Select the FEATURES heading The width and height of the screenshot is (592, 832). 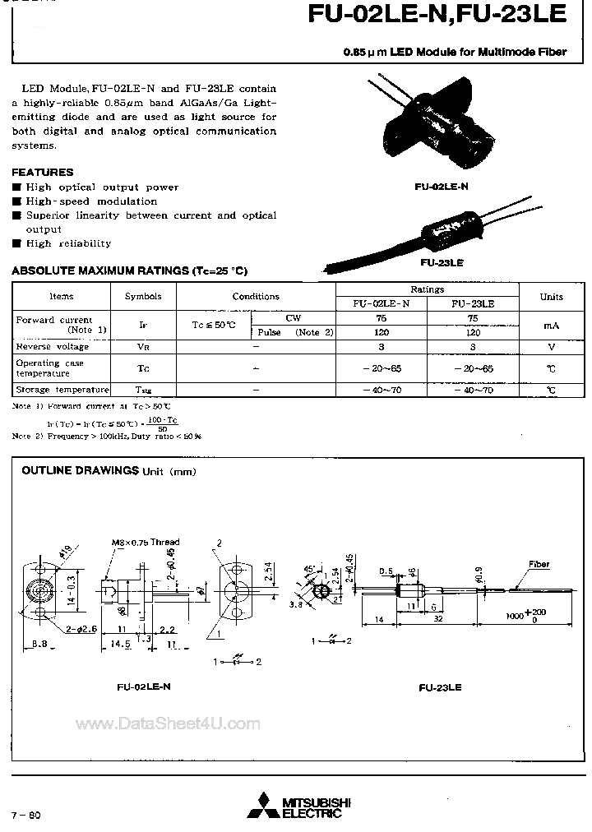(42, 173)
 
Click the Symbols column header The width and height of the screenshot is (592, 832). (143, 297)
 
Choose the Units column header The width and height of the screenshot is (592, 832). (551, 297)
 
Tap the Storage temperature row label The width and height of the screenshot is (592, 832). (62, 390)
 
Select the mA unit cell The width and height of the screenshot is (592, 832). (551, 326)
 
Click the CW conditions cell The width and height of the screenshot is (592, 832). (293, 318)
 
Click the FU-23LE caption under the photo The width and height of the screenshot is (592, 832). (442, 263)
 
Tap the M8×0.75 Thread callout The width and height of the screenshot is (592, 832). (146, 543)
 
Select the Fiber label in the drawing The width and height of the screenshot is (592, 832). (539, 565)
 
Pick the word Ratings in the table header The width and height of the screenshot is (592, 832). (428, 289)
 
